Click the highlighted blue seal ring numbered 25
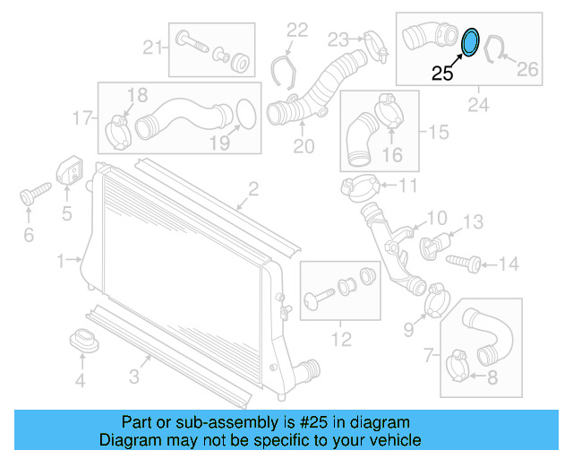click(x=469, y=41)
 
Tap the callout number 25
click(x=443, y=74)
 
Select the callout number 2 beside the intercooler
click(x=253, y=188)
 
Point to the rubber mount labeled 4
click(x=82, y=342)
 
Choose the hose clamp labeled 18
click(x=119, y=129)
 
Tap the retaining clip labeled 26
click(x=493, y=50)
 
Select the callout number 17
click(x=82, y=117)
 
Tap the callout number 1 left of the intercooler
click(x=60, y=261)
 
